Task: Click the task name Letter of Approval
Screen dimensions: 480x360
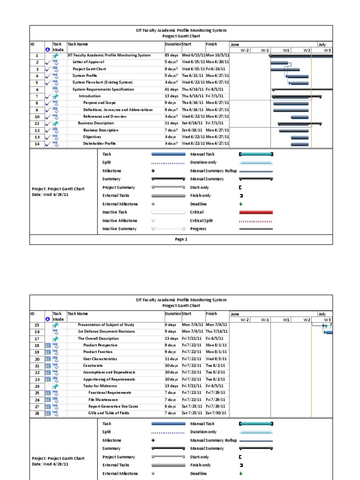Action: [88, 62]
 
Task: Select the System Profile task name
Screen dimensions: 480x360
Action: [85, 75]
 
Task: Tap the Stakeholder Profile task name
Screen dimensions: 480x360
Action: [99, 143]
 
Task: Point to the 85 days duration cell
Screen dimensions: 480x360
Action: [171, 55]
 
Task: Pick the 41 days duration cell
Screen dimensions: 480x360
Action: [171, 89]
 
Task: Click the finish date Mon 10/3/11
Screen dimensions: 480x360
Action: [217, 55]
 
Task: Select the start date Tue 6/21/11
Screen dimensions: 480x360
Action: [193, 75]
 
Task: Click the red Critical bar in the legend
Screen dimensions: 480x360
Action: [256, 212]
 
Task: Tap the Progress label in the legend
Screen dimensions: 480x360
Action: [199, 229]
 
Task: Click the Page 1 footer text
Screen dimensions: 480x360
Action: [181, 240]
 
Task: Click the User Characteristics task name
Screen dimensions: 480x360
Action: [100, 359]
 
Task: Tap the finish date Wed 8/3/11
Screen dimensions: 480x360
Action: [216, 359]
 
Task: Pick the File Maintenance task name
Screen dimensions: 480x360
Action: [103, 399]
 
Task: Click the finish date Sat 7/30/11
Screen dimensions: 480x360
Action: [216, 413]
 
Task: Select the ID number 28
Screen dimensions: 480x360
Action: [37, 413]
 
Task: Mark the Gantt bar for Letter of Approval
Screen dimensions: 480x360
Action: [280, 62]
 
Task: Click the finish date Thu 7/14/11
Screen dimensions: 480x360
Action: [217, 331]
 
